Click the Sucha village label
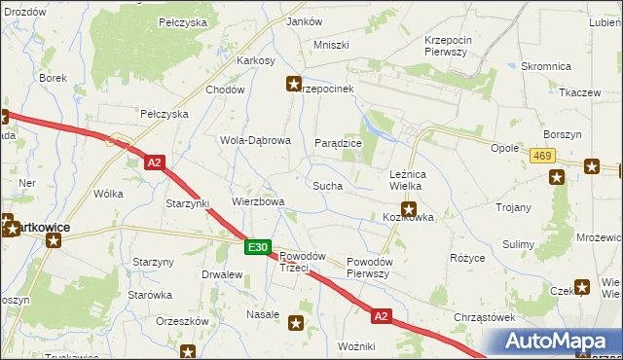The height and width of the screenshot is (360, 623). coord(326,185)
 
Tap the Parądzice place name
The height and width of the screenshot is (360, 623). coord(338,143)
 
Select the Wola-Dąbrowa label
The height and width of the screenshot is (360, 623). coord(255,140)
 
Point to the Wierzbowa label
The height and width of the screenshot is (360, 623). coord(258,202)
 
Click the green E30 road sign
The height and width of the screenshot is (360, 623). coord(257,249)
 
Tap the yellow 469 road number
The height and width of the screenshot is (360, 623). coord(543,156)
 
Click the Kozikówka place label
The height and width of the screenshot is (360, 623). coord(408,218)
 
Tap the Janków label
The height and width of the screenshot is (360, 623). coord(305,21)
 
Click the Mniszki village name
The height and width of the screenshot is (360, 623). coord(331,45)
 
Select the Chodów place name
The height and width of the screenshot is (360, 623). coord(224,90)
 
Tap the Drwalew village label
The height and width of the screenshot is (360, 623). coord(221,274)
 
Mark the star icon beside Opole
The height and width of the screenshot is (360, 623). coord(556,177)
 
